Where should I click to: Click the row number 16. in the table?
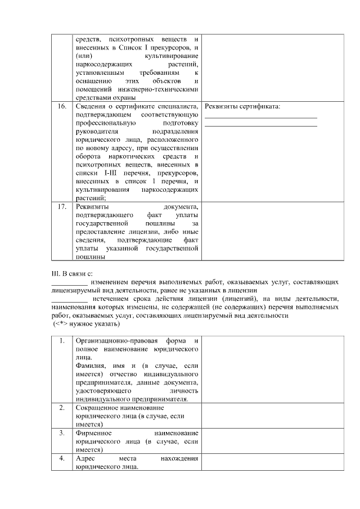[x=61, y=106]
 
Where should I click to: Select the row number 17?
[x=61, y=208]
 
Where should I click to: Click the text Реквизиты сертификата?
[x=242, y=106]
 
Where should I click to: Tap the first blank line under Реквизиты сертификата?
[x=260, y=117]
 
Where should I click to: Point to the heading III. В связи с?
[x=71, y=273]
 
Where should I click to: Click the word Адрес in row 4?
[x=85, y=459]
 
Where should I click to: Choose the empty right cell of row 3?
[x=272, y=442]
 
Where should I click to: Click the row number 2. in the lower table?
[x=61, y=407]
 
